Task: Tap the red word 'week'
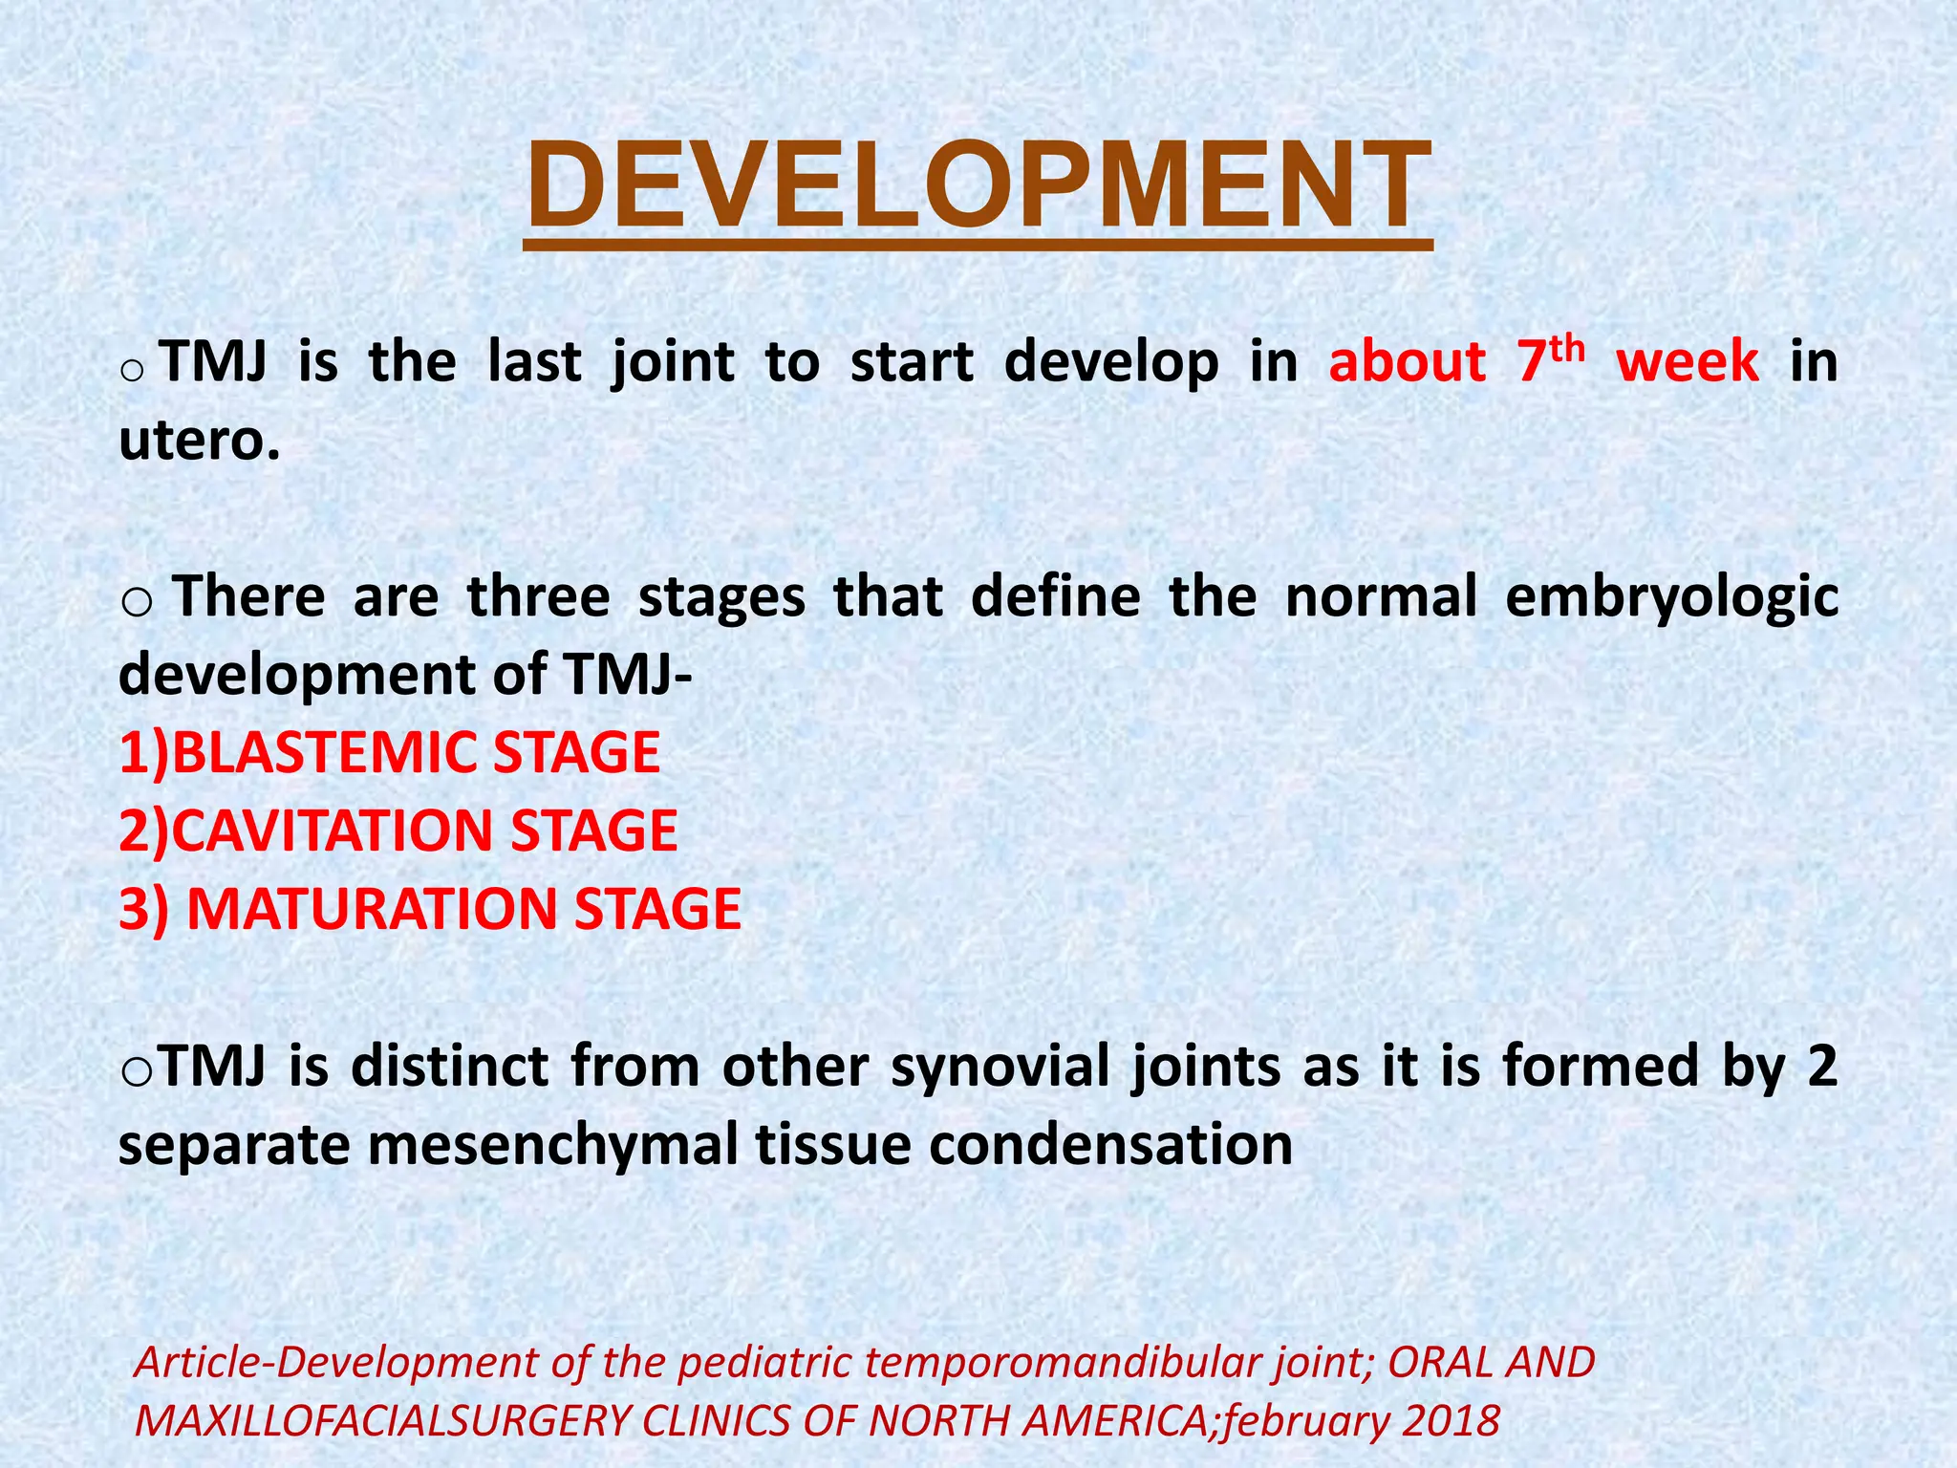[x=1688, y=363]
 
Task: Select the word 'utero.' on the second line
[x=200, y=442]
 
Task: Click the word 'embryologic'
[x=1671, y=597]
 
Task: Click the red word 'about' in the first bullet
[x=1407, y=363]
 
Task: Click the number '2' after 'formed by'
[x=1823, y=1066]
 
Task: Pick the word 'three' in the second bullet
[x=538, y=597]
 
